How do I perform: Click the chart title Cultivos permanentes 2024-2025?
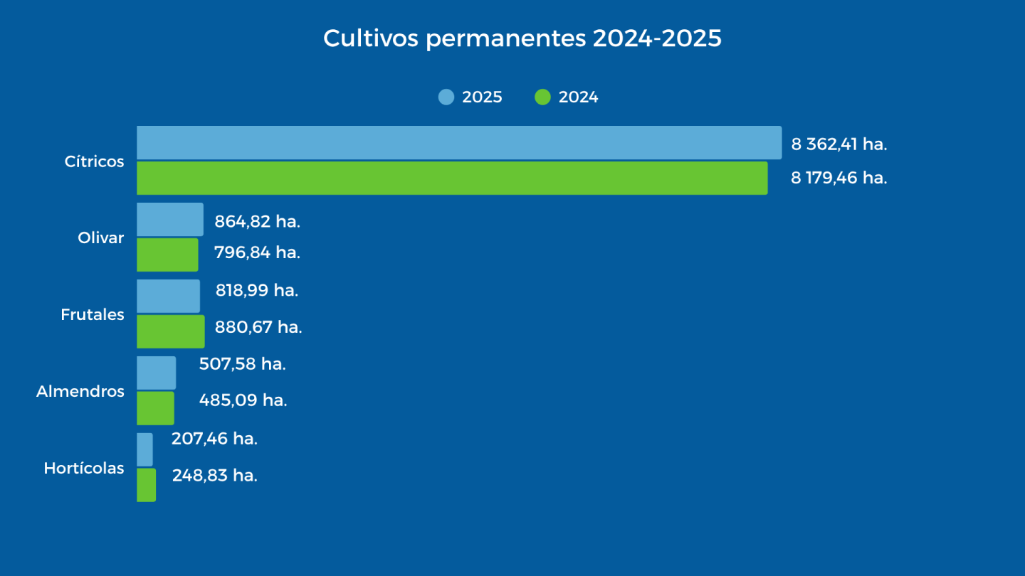(x=522, y=38)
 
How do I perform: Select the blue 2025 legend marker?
(x=446, y=97)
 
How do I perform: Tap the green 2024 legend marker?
(x=542, y=97)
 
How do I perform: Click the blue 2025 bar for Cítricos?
(x=458, y=143)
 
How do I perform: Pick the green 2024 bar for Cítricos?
(x=452, y=178)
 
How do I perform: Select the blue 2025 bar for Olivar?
(x=169, y=220)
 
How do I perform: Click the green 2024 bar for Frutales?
(x=170, y=331)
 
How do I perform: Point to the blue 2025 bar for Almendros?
(x=156, y=373)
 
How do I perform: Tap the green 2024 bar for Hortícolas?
(x=146, y=485)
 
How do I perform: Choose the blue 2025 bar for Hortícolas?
(x=144, y=449)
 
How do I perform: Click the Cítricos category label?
(x=94, y=161)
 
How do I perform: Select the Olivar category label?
(x=100, y=238)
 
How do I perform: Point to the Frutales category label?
(x=93, y=314)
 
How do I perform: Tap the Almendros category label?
(x=80, y=391)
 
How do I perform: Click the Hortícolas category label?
(x=84, y=468)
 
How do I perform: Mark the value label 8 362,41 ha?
(x=839, y=144)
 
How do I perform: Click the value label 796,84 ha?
(x=257, y=252)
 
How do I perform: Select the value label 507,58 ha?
(x=242, y=364)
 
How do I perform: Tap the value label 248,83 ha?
(x=214, y=475)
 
